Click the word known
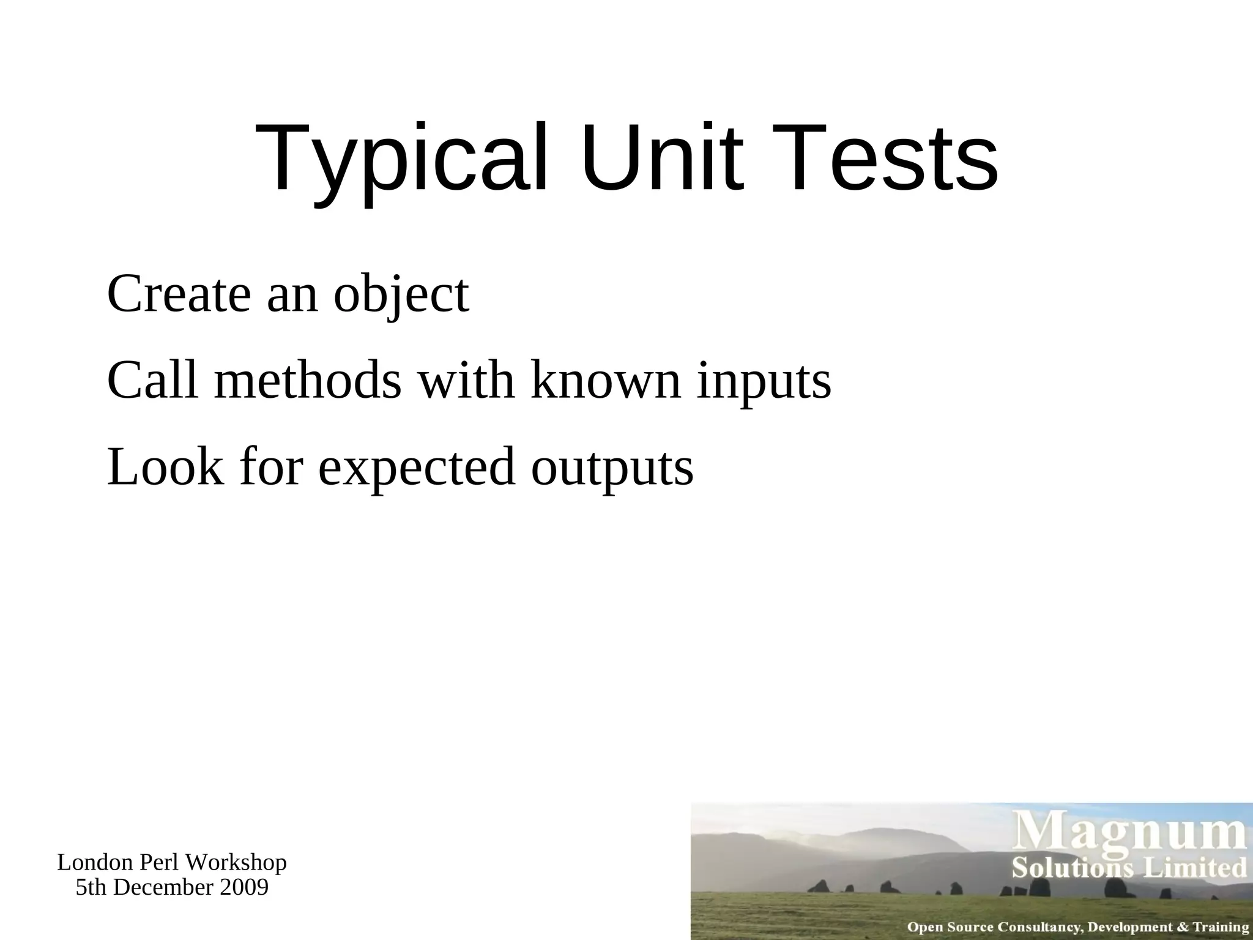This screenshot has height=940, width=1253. coord(606,380)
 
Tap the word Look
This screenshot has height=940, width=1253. coord(165,466)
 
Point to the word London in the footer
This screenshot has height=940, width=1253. coord(95,863)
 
